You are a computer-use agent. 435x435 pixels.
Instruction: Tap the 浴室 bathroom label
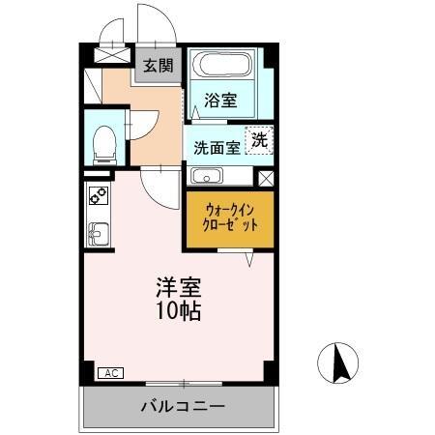[220, 99]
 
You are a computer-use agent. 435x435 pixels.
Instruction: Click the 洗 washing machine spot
[260, 139]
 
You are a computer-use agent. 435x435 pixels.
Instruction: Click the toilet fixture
[102, 144]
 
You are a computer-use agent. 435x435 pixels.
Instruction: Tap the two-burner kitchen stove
[99, 196]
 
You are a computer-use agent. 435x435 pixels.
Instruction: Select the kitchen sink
[99, 234]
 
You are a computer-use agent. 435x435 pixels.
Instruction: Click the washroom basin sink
[207, 176]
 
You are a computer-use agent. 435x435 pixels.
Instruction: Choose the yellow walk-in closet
[230, 217]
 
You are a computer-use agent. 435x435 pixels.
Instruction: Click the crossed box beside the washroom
[266, 178]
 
